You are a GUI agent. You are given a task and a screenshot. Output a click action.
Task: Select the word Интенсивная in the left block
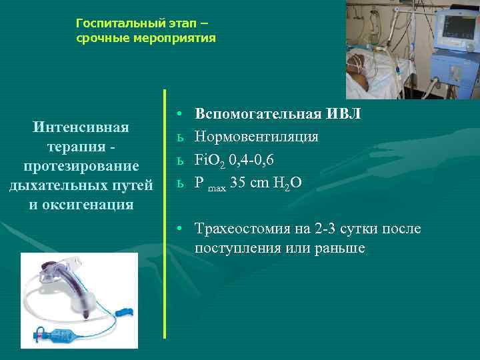point(81,127)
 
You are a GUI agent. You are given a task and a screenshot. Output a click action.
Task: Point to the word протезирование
point(81,165)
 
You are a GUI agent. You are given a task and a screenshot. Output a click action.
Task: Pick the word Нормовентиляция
point(256,137)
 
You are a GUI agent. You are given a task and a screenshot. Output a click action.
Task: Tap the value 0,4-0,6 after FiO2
point(251,160)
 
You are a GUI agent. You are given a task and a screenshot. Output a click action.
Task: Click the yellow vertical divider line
point(165,213)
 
